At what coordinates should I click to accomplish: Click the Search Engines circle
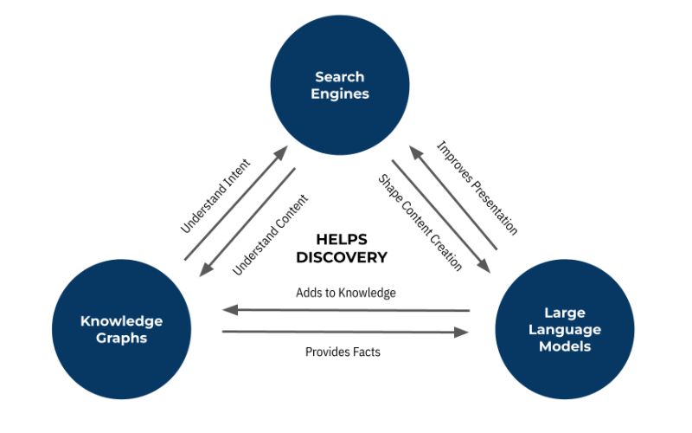coord(340,85)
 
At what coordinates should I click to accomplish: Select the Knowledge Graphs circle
coord(121,329)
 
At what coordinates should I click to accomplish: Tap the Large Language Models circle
coord(565,329)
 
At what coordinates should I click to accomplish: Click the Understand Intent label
coord(215,196)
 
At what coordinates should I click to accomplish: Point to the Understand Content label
coord(270,235)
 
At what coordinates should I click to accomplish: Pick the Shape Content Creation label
coord(420,223)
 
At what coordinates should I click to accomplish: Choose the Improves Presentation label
coord(477,188)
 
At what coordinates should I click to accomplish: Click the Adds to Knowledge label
coord(345,293)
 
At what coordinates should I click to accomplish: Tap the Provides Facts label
coord(343,352)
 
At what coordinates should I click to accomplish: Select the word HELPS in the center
coord(342,240)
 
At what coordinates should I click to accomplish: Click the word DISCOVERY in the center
coord(342,257)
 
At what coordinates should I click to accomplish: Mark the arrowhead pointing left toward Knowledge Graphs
coord(230,310)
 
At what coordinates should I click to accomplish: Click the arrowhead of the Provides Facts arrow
coord(461,333)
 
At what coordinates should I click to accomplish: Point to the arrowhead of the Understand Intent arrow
coord(280,153)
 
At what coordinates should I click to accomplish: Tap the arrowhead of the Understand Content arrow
coord(207,269)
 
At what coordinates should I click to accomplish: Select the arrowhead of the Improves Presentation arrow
coord(416,153)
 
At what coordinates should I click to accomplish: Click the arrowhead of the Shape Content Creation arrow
coord(484,266)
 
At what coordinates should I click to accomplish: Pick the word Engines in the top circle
coord(340,94)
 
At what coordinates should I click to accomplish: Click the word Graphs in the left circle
coord(121,339)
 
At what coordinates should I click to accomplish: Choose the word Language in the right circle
coord(565,330)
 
